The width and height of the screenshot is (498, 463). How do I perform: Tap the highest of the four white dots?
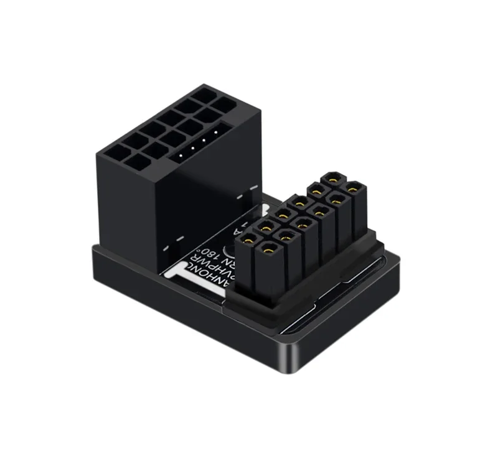click(214, 131)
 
